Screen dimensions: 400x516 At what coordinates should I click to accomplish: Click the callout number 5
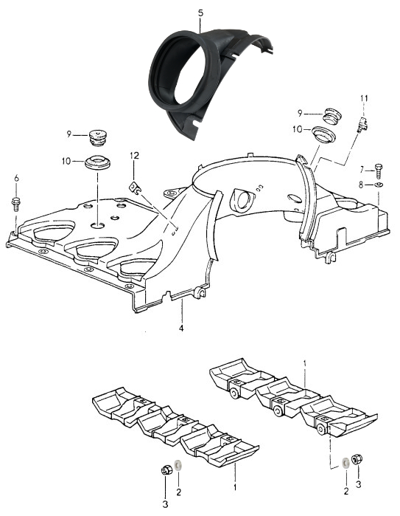point(200,13)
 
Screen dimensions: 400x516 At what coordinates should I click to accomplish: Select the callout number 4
point(181,328)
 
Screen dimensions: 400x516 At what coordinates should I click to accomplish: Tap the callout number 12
point(134,155)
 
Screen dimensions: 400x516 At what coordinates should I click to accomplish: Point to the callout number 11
point(364,98)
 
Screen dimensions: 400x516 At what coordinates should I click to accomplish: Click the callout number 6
point(16,179)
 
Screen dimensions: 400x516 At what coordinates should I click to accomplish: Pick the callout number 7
point(362,170)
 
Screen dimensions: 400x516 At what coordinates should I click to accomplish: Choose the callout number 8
point(361,185)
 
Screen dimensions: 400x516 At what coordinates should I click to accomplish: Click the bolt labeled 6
point(15,203)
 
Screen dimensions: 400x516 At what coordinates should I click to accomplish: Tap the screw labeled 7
point(379,171)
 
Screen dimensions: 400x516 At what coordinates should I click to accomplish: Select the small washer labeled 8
point(379,185)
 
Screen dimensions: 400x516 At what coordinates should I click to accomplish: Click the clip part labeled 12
point(135,188)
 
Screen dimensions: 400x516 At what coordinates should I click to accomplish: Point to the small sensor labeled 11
point(362,125)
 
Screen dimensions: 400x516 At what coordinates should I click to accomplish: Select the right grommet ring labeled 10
point(323,134)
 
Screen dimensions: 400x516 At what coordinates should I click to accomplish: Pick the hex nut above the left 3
point(167,469)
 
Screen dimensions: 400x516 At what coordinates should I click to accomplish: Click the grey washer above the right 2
point(345,463)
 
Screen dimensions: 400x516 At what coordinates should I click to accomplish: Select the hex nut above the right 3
point(357,459)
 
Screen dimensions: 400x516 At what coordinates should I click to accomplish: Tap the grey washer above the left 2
point(178,465)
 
